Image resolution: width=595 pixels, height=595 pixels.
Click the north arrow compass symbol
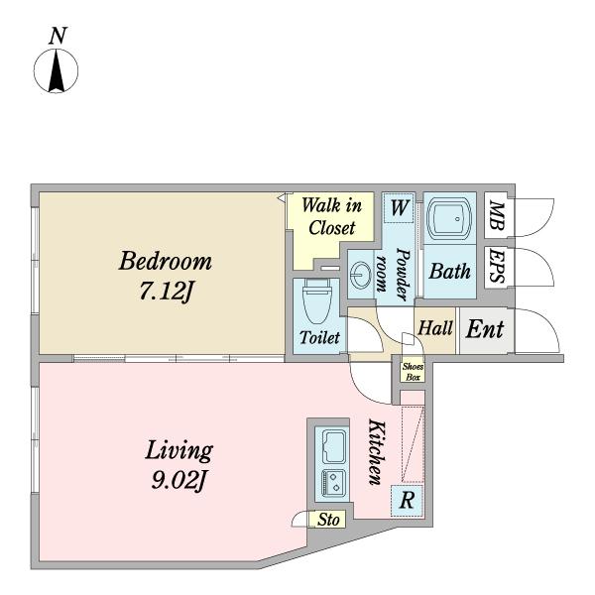coord(57,71)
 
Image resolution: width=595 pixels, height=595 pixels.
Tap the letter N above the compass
coord(58,36)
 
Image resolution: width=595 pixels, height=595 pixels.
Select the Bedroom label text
coord(165,261)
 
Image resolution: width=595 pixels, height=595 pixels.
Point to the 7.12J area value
coord(166,292)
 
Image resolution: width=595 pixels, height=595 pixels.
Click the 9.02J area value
coord(178,480)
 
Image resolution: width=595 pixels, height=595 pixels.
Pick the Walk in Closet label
coord(331,216)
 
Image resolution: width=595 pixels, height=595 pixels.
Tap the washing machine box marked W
coord(399,207)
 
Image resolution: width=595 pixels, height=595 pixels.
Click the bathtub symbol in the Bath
coord(449,218)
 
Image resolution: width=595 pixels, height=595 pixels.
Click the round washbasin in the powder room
coord(361,274)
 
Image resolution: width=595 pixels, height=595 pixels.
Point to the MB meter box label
coord(497,215)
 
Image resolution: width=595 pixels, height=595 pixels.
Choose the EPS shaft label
coord(497,266)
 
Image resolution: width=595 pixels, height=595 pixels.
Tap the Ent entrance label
coord(485,329)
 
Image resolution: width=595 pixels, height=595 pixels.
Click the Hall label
coord(435,328)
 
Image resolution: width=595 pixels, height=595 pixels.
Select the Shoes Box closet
coord(413,372)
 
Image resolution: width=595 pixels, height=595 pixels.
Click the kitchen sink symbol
coord(333,446)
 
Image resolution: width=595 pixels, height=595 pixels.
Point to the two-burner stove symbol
coord(333,481)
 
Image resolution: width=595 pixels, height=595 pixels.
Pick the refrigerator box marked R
coord(407,501)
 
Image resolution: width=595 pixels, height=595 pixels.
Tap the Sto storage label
coord(328,520)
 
